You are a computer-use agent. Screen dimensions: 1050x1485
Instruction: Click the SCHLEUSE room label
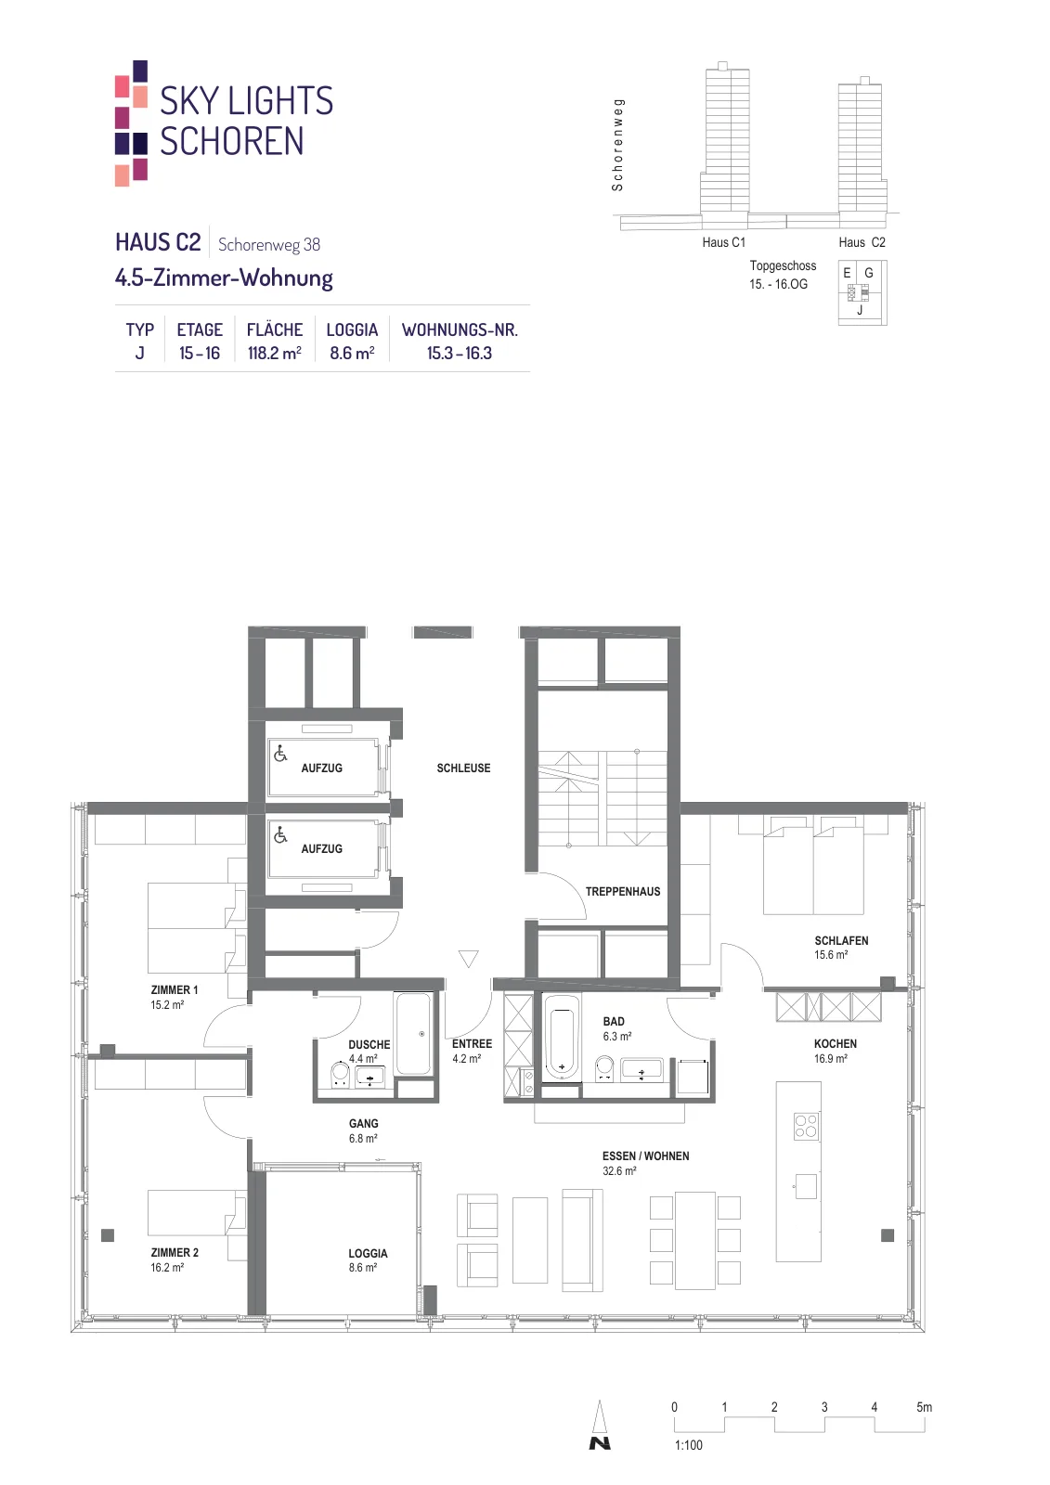(x=463, y=768)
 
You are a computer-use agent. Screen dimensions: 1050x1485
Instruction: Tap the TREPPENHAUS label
(x=623, y=892)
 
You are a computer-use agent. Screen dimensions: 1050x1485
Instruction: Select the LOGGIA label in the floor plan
(x=368, y=1253)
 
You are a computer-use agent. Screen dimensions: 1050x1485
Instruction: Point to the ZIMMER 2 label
(x=175, y=1252)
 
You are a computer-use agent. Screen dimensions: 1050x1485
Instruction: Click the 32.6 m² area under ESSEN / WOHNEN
(x=619, y=1170)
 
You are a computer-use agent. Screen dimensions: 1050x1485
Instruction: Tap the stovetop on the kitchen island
(x=806, y=1125)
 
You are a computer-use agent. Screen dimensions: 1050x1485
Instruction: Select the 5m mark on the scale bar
(x=924, y=1407)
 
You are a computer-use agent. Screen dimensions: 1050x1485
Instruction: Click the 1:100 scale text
(x=689, y=1445)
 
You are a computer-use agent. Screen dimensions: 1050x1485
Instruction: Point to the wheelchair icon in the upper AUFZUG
(x=280, y=753)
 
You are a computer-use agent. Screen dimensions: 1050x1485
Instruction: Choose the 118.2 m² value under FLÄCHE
(x=275, y=353)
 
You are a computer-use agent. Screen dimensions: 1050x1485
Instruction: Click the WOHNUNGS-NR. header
(x=460, y=329)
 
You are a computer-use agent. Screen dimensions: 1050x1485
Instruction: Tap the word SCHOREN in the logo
(x=232, y=141)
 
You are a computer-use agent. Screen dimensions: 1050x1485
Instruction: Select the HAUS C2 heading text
(x=158, y=242)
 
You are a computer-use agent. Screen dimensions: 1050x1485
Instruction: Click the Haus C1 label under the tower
(x=723, y=242)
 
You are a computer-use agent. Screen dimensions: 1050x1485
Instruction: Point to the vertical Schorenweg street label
(x=617, y=145)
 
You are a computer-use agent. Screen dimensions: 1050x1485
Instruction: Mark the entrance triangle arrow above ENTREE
(x=468, y=959)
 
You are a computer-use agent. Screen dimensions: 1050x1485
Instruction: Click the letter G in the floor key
(x=868, y=273)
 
